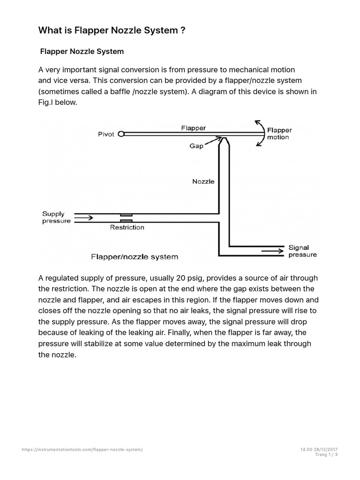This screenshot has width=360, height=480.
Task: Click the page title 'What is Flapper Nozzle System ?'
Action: point(112,30)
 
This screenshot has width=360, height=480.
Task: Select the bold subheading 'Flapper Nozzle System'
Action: point(82,51)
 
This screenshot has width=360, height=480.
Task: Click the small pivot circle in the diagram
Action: point(121,134)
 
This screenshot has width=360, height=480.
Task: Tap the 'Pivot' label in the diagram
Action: point(106,134)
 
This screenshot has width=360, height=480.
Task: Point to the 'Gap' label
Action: point(196,146)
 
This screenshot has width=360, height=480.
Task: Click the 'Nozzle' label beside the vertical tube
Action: point(203,181)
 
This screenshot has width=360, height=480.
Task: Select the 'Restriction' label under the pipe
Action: point(127,227)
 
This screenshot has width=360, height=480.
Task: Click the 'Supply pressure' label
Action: point(56,217)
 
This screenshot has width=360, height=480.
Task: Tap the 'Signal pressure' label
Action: point(302,251)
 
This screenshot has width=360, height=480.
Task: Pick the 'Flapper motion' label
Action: point(279,134)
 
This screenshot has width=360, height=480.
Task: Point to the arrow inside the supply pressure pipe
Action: point(84,217)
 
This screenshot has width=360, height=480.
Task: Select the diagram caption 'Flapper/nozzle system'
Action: point(135,257)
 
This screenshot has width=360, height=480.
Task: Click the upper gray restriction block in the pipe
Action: point(126,214)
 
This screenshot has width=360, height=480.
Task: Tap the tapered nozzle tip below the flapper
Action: point(224,141)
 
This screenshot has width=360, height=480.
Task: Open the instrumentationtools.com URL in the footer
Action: point(82,450)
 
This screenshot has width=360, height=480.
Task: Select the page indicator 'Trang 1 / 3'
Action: point(326,455)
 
